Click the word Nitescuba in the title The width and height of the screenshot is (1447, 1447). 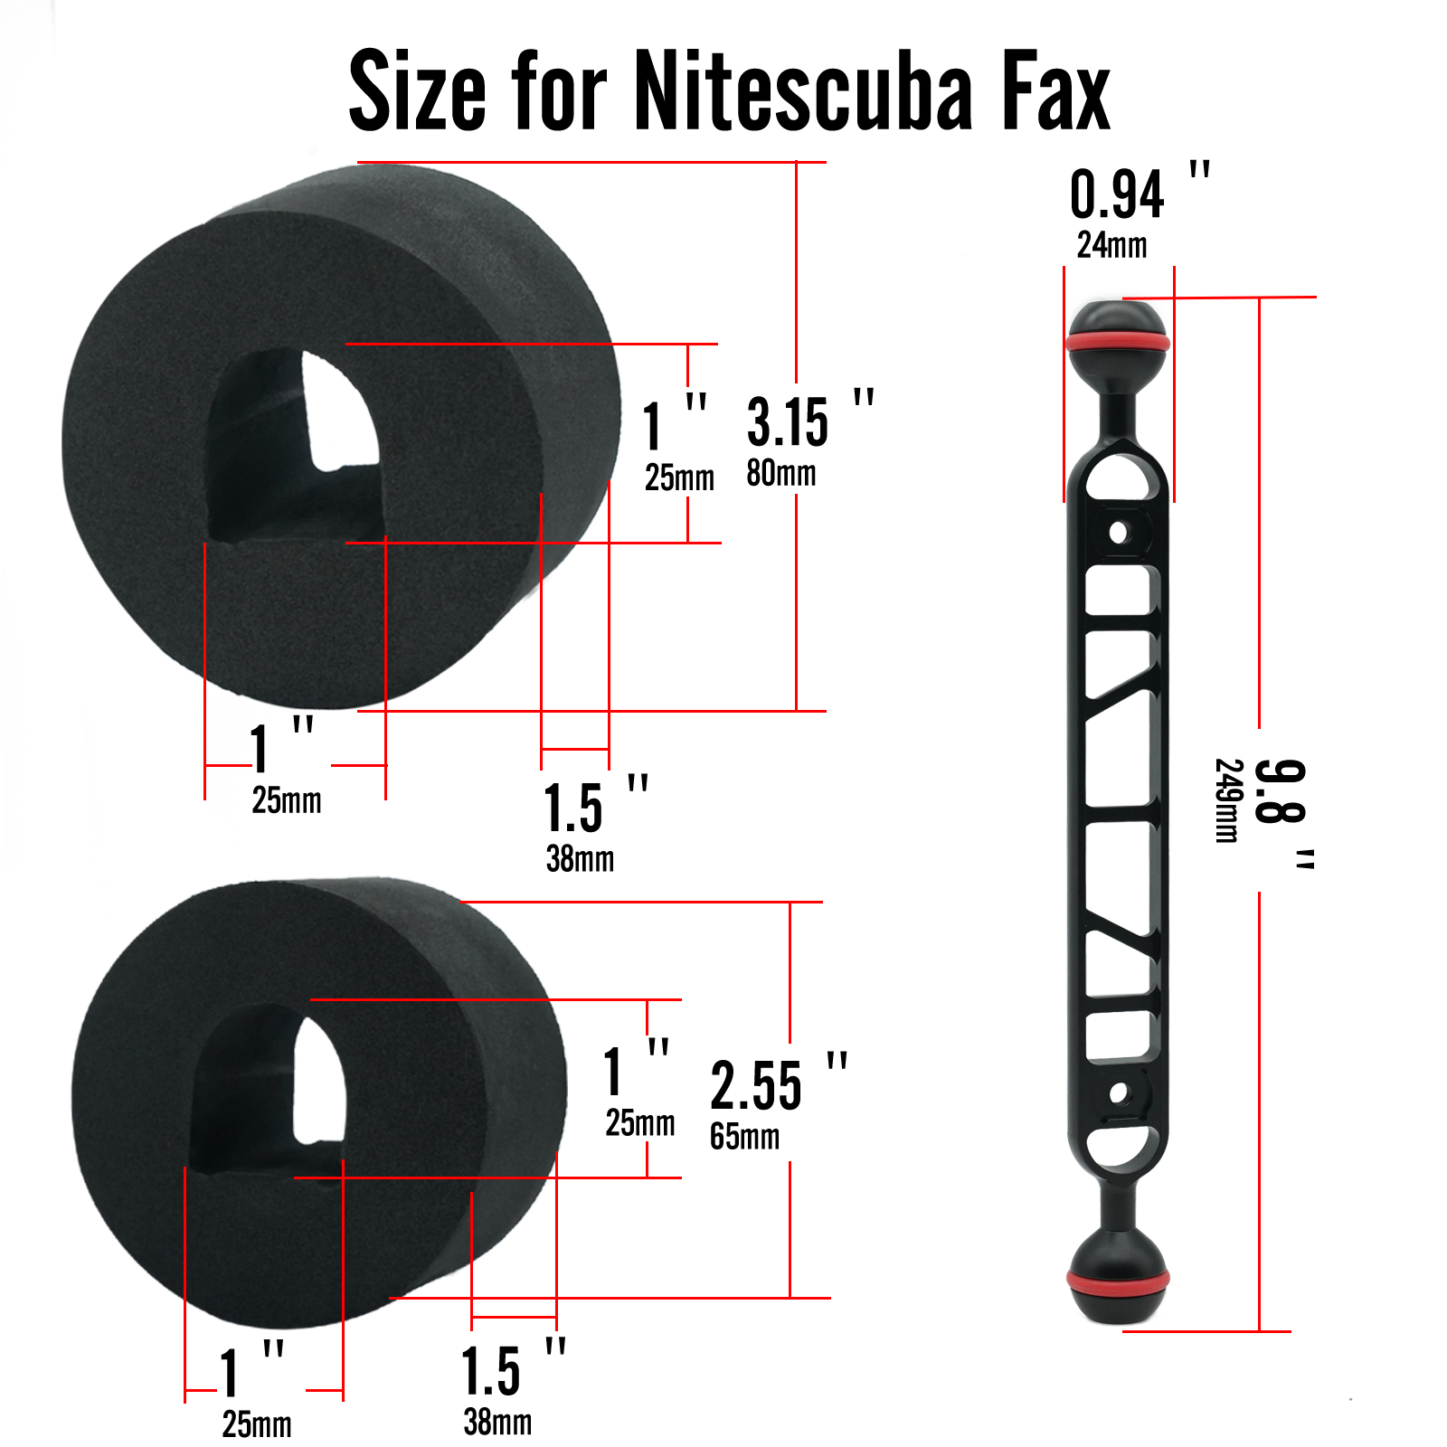pos(803,90)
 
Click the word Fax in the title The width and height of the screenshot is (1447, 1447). pos(1055,90)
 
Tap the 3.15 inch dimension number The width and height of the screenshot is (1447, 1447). pos(787,422)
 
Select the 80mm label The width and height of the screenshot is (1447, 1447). pos(780,473)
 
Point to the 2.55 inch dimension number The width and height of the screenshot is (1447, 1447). pos(755,1086)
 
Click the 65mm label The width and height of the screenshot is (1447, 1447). pos(744,1136)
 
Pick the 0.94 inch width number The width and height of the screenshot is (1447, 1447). pos(1117,195)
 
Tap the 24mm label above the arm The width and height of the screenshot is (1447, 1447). pos(1111,245)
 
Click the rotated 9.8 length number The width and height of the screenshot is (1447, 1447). pos(1280,791)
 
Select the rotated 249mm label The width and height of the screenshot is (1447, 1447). pos(1227,800)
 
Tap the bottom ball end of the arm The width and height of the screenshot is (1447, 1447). pos(1118,1284)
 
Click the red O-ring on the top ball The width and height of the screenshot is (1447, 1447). pos(1118,344)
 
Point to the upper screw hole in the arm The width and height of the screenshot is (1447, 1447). pos(1119,532)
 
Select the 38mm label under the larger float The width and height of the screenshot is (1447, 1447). pos(580,858)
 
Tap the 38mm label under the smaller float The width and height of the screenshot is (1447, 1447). pos(497,1422)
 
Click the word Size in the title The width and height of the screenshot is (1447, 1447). pos(417,90)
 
